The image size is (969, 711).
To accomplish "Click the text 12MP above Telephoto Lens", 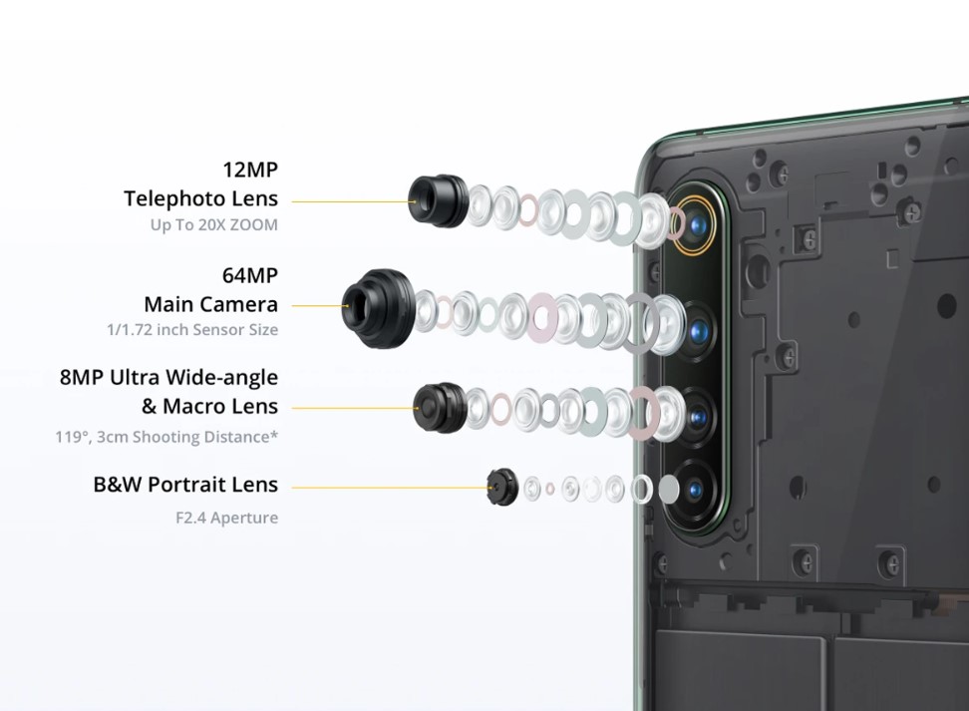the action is [x=250, y=169].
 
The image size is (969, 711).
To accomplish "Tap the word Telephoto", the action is [x=166, y=198].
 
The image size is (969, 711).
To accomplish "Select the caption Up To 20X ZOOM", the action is [x=213, y=225].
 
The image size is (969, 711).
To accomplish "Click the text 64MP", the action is [x=250, y=275].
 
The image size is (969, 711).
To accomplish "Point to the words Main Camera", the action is [x=210, y=304].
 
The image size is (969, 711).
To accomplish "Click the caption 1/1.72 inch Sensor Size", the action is [x=192, y=329].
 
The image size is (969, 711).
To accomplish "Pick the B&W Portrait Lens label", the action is [x=185, y=484].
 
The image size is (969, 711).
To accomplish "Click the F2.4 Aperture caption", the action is [x=227, y=518].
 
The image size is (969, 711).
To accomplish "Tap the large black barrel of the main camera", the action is [x=378, y=308].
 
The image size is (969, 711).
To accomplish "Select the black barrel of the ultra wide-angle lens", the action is [x=440, y=408].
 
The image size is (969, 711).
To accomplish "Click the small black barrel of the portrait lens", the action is [x=502, y=488].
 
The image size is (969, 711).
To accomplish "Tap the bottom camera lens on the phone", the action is [x=695, y=490].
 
